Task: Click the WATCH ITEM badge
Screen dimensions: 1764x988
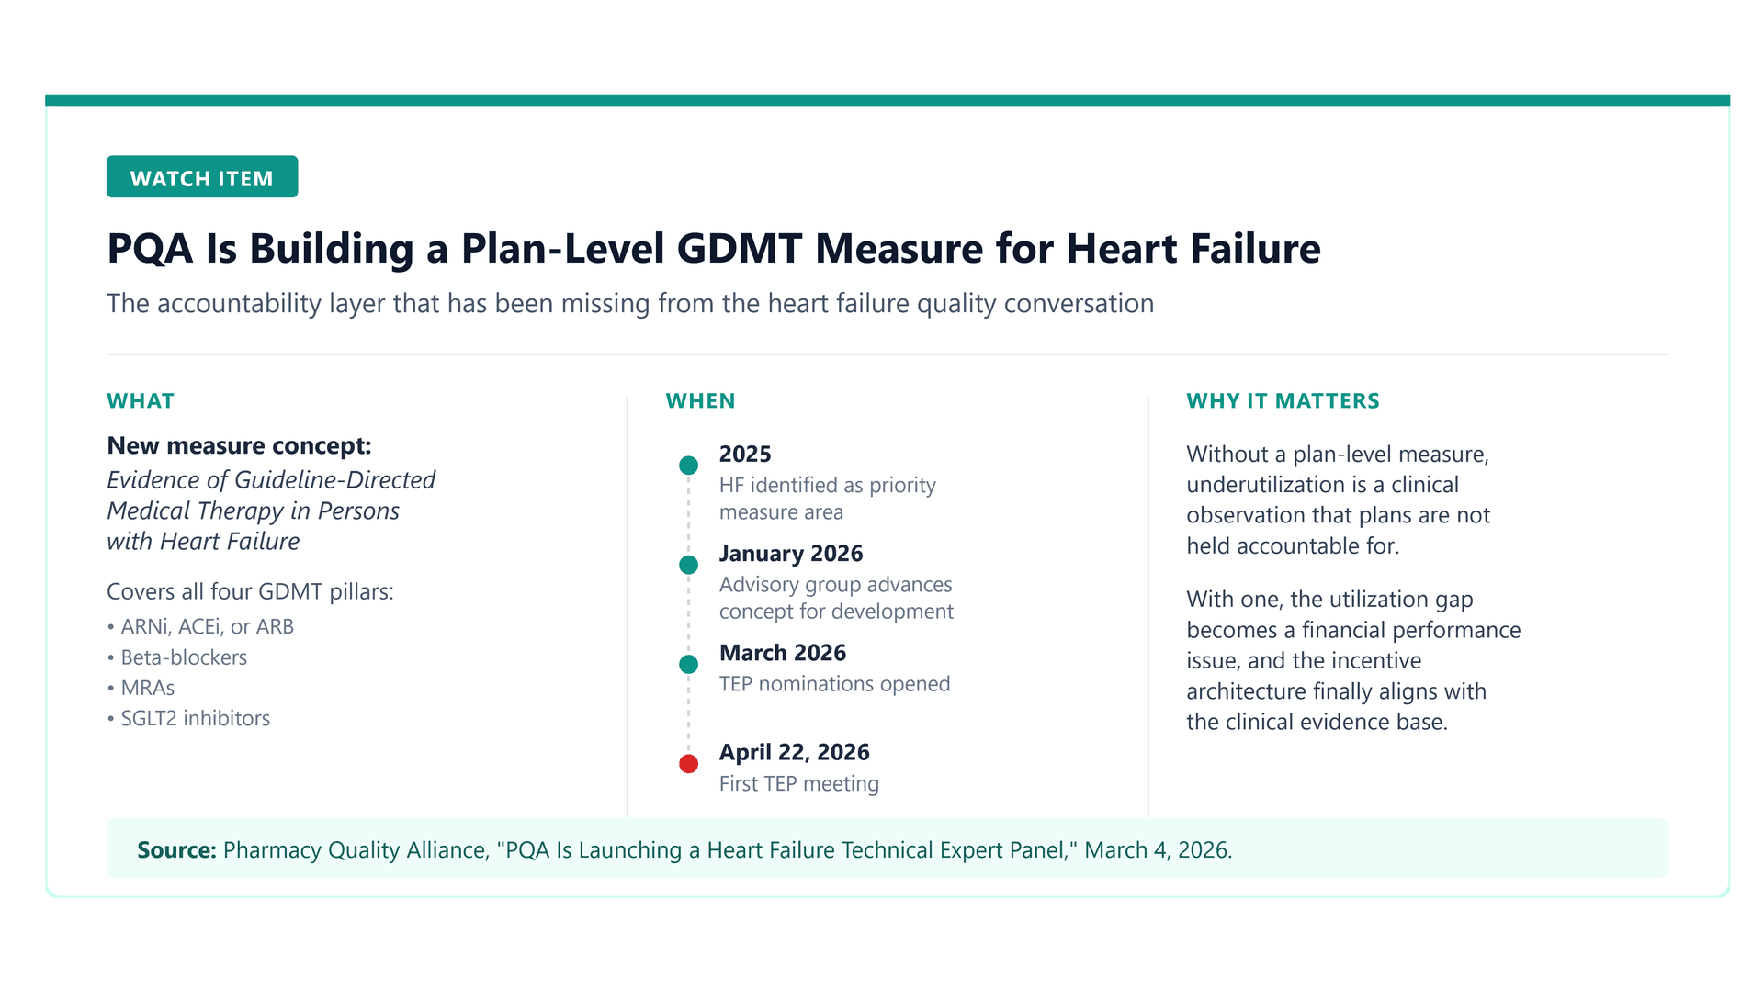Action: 202,176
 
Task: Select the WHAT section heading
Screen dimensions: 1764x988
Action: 141,401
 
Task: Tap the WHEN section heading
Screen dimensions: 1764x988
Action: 700,401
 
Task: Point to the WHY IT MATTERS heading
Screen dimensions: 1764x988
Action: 1283,401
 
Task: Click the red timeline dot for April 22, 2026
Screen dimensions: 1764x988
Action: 688,763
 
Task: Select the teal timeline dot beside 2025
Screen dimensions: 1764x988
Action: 688,466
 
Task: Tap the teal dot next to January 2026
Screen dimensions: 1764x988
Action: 688,565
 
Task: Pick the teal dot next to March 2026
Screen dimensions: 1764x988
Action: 688,664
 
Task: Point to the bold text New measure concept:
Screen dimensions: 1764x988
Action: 239,446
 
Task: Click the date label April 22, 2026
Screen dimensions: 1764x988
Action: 794,753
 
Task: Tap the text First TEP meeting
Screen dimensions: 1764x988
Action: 799,783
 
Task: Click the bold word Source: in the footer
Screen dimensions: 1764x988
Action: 176,850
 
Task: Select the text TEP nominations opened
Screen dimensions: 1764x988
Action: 834,684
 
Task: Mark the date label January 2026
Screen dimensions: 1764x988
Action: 791,554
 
